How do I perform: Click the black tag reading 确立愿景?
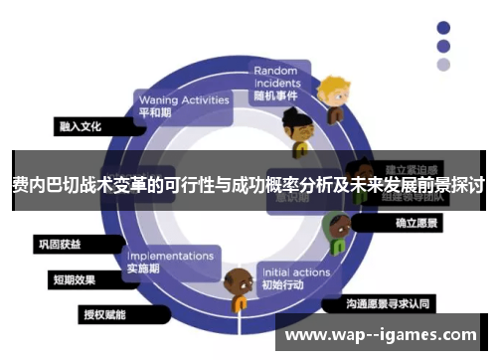[416, 225]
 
